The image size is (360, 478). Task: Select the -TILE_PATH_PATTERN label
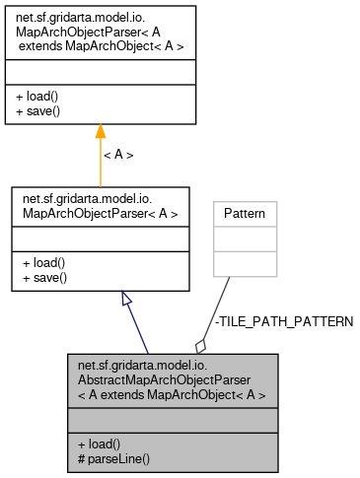[283, 322]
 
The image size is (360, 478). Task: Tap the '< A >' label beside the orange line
[118, 155]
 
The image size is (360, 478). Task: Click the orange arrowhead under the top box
[100, 132]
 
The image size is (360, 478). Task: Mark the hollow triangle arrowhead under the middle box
[126, 299]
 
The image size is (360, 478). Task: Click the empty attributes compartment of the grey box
[167, 423]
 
